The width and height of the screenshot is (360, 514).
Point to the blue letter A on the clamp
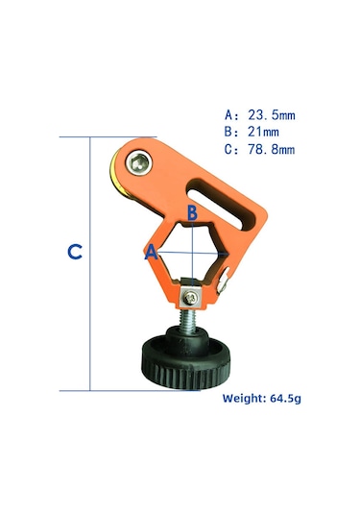(151, 253)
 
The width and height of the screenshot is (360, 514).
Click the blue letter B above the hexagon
(192, 211)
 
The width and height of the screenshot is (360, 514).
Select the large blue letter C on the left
(74, 253)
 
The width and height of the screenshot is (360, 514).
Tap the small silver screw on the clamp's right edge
(224, 281)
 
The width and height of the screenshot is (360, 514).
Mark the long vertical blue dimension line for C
(90, 263)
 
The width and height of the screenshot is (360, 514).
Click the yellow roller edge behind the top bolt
(116, 173)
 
